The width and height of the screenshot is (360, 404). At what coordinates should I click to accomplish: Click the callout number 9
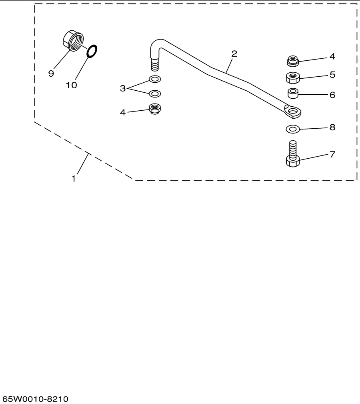pyautogui.click(x=51, y=74)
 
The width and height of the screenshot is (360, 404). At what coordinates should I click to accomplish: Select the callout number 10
pyautogui.click(x=72, y=85)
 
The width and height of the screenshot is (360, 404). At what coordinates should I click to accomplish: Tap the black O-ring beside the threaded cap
pyautogui.click(x=92, y=51)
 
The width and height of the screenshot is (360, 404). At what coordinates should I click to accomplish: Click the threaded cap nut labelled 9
pyautogui.click(x=73, y=41)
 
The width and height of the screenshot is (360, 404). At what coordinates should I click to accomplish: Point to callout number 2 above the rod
pyautogui.click(x=234, y=54)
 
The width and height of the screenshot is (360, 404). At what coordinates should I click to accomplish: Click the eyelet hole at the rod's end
pyautogui.click(x=292, y=111)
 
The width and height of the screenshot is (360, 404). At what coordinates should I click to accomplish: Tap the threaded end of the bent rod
pyautogui.click(x=155, y=64)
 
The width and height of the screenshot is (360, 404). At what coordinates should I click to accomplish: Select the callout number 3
pyautogui.click(x=123, y=88)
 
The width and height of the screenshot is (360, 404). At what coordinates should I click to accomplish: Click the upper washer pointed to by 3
pyautogui.click(x=155, y=79)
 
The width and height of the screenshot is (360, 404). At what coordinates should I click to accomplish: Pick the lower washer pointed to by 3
pyautogui.click(x=155, y=94)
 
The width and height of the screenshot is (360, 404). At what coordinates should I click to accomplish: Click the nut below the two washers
pyautogui.click(x=155, y=109)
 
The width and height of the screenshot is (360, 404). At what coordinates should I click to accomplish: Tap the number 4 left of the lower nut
pyautogui.click(x=123, y=112)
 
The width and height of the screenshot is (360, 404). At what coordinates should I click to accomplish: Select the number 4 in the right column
pyautogui.click(x=332, y=56)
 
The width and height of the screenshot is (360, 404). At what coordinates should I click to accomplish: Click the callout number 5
pyautogui.click(x=332, y=75)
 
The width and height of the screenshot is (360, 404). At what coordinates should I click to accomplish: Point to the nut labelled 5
pyautogui.click(x=293, y=78)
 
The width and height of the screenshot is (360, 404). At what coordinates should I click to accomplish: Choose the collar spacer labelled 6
pyautogui.click(x=293, y=93)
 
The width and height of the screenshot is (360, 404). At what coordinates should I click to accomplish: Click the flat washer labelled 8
pyautogui.click(x=293, y=129)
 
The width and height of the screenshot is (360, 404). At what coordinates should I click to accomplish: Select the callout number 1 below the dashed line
pyautogui.click(x=74, y=179)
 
